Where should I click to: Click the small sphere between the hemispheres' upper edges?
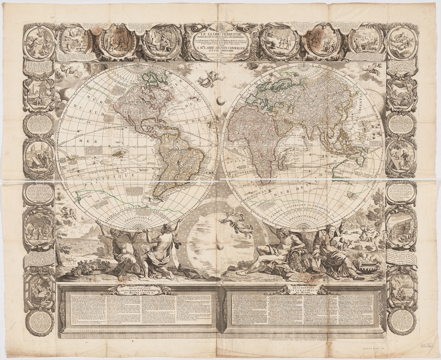click(x=220, y=101)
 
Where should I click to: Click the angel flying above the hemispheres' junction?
click(x=211, y=79)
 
